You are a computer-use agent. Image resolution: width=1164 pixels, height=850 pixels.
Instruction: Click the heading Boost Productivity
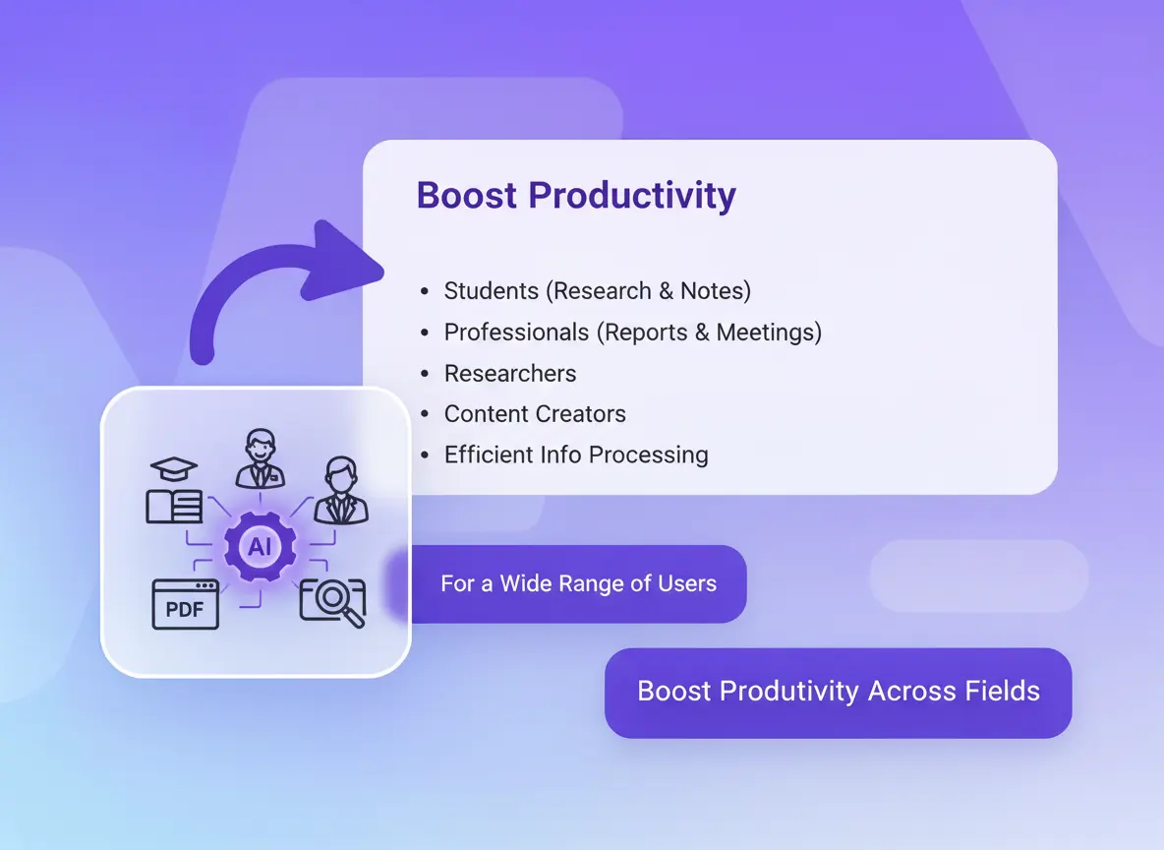(x=576, y=196)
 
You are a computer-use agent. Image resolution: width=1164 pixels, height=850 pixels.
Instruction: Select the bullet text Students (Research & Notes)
(x=598, y=290)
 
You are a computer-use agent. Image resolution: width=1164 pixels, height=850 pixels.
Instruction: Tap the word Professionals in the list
(x=517, y=333)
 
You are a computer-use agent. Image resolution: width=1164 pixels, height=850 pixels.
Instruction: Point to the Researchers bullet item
(x=510, y=373)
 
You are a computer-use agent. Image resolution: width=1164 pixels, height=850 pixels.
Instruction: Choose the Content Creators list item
(x=535, y=414)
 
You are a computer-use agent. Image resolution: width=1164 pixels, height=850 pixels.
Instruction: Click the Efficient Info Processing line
(x=576, y=455)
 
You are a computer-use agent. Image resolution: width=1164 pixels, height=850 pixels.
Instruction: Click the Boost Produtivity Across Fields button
(x=839, y=693)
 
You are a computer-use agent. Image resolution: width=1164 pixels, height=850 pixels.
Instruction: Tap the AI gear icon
(x=260, y=547)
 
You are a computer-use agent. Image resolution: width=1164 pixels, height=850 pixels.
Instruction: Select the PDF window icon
(x=186, y=604)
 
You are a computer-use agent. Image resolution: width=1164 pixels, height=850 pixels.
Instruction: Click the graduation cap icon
(x=174, y=469)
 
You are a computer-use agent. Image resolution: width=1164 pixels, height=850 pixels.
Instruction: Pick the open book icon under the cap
(x=174, y=506)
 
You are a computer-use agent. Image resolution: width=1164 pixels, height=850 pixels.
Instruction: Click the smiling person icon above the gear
(x=260, y=458)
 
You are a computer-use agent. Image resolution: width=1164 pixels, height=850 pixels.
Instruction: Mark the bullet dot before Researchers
(x=425, y=373)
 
